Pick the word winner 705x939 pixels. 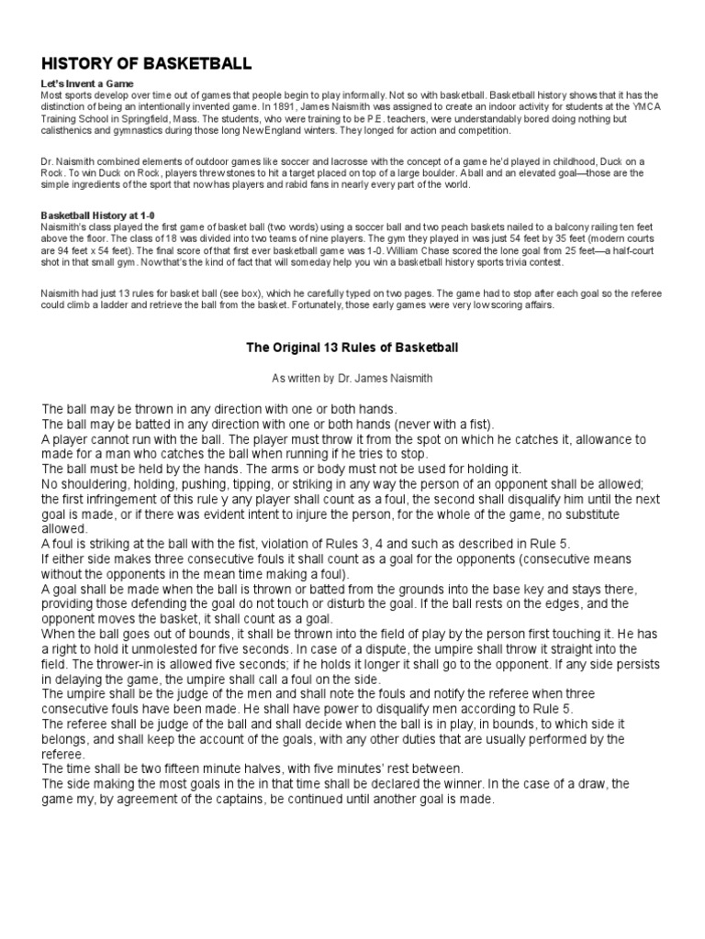(x=463, y=783)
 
